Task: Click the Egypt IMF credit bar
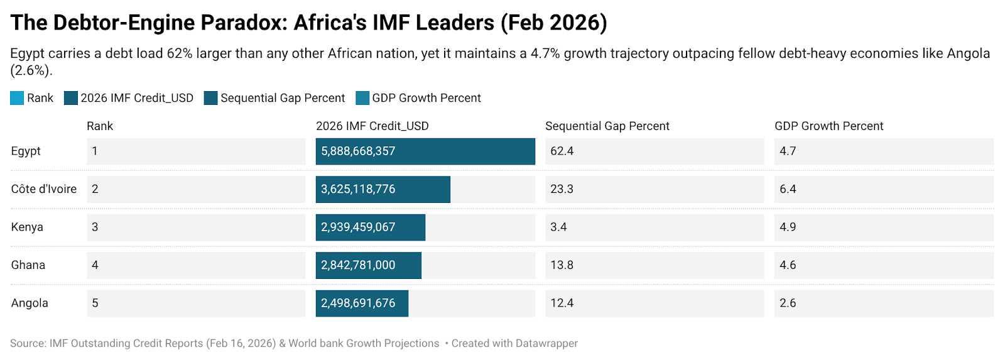click(x=425, y=151)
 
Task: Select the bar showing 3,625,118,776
click(x=383, y=189)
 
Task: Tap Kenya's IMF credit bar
click(x=370, y=227)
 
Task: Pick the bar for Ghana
click(x=368, y=265)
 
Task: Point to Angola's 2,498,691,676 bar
click(x=362, y=303)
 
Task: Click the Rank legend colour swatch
click(x=17, y=98)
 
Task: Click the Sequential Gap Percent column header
click(x=607, y=126)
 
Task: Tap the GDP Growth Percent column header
click(x=828, y=126)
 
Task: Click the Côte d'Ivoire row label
click(x=44, y=189)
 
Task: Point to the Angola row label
click(x=30, y=303)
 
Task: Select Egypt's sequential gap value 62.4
click(x=562, y=151)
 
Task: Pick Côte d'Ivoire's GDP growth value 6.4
click(x=788, y=189)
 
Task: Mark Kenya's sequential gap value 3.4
click(x=558, y=227)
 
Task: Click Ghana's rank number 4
click(x=95, y=265)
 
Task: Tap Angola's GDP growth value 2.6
click(x=788, y=303)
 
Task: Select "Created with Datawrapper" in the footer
click(x=514, y=344)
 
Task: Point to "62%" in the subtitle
click(x=179, y=53)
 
